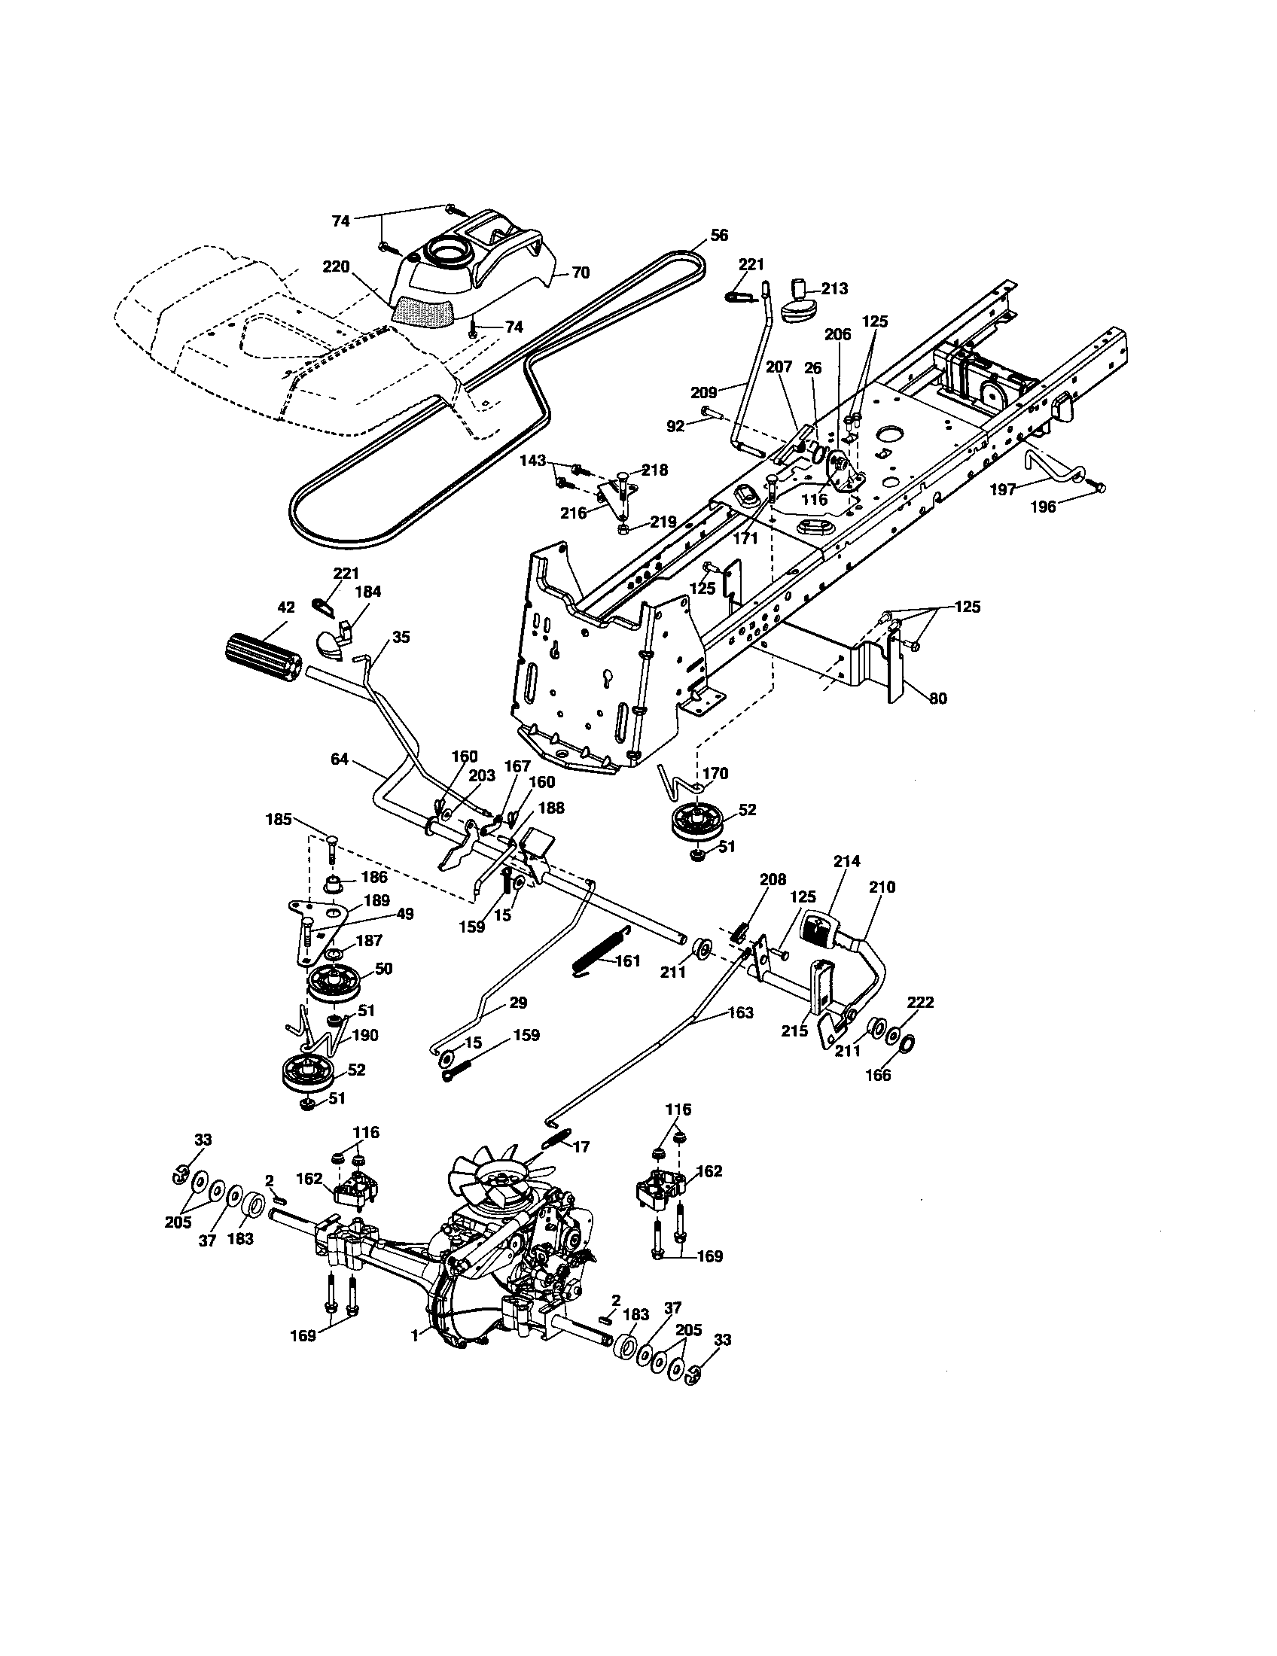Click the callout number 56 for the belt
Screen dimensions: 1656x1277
coord(719,235)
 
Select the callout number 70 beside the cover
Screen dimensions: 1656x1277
coord(580,273)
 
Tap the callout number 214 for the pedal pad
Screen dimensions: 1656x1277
coord(846,861)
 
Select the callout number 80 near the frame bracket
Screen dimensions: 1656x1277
coord(938,699)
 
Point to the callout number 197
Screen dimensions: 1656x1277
coord(1002,490)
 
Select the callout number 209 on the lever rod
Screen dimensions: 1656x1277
coord(704,393)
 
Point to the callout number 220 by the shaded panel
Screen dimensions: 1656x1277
coord(335,266)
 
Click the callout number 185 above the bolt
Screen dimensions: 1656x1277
coord(279,820)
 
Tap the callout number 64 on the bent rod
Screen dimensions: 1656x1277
coord(340,758)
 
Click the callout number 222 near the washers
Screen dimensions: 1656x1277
coord(921,1003)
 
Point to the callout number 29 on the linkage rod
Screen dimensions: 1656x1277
coord(518,1003)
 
